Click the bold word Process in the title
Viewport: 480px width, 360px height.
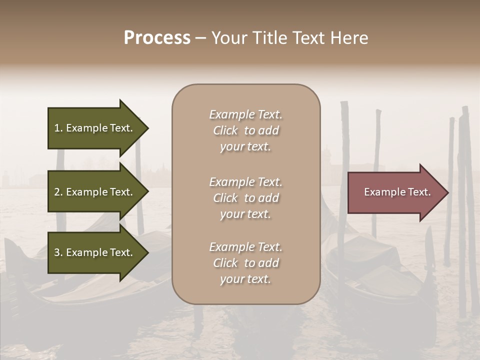(x=157, y=38)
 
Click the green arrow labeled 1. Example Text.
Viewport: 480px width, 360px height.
(x=95, y=128)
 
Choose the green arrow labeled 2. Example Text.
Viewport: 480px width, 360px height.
(x=95, y=192)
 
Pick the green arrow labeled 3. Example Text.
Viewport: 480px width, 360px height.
(x=95, y=252)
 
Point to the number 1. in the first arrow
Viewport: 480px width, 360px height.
(x=58, y=128)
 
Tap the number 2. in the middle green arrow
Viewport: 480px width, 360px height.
(x=58, y=192)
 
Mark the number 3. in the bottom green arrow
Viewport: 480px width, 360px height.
(x=58, y=252)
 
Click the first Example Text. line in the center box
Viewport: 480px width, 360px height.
(x=245, y=115)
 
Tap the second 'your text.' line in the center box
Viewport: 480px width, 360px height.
(x=245, y=214)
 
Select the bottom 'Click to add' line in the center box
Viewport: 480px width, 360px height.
(x=245, y=263)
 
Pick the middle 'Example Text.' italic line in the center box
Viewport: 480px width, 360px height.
(x=245, y=182)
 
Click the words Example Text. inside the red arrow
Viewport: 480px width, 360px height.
(x=397, y=192)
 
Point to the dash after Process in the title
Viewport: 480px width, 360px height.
(x=200, y=38)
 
